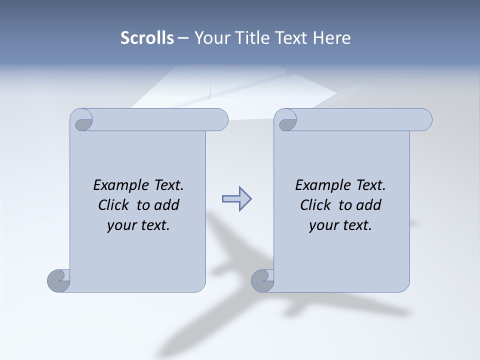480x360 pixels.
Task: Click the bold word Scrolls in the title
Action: [x=147, y=38]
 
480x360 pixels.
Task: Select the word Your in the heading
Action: [x=209, y=38]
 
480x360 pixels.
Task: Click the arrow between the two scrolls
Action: [x=236, y=199]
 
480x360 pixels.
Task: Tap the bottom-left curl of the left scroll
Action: [x=58, y=280]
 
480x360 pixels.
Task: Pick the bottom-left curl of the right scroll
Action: [x=262, y=280]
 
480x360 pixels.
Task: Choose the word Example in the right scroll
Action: [x=323, y=185]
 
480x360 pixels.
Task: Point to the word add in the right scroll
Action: [x=368, y=205]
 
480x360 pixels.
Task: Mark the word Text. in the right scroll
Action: [x=370, y=185]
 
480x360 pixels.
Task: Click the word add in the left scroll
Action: [x=166, y=205]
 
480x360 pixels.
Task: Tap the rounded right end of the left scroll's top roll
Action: [x=222, y=120]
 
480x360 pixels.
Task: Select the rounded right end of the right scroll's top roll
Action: [x=426, y=120]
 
